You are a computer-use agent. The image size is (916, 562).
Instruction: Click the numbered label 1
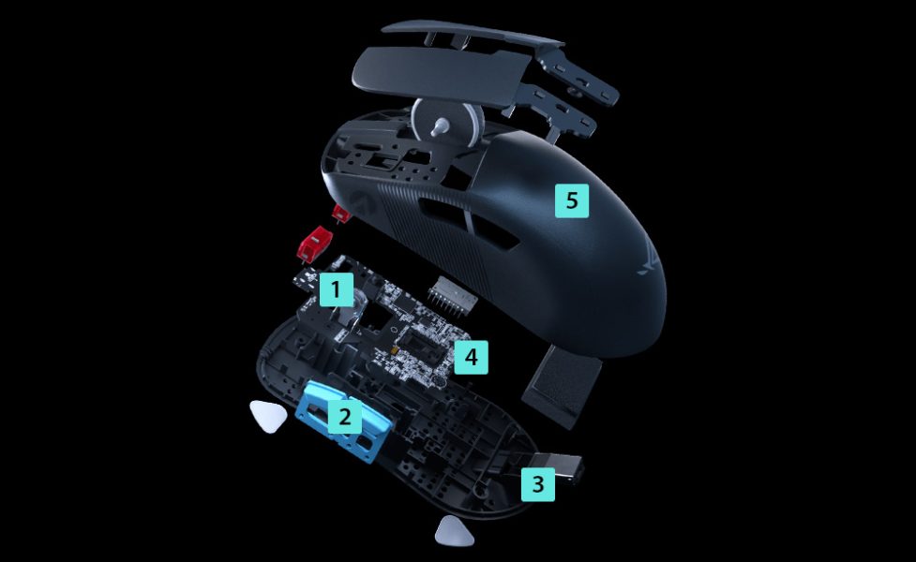pyautogui.click(x=336, y=289)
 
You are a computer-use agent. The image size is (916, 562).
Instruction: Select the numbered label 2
pyautogui.click(x=345, y=416)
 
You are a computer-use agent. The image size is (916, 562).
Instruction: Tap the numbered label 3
pyautogui.click(x=538, y=484)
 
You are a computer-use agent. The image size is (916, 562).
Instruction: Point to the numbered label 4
pyautogui.click(x=471, y=357)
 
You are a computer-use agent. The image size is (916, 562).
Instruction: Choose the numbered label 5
pyautogui.click(x=571, y=200)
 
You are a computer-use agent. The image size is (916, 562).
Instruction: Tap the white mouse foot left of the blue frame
pyautogui.click(x=268, y=416)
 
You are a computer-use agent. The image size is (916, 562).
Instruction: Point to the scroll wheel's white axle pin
pyautogui.click(x=441, y=126)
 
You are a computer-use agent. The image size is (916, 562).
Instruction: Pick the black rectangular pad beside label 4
pyautogui.click(x=562, y=386)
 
